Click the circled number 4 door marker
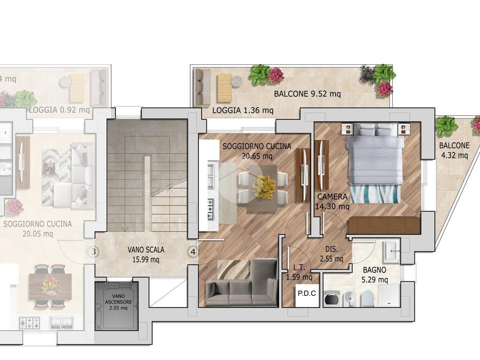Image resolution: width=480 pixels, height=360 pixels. (x=193, y=252)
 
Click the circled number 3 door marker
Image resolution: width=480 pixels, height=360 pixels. (x=94, y=252)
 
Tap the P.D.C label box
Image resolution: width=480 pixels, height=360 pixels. (x=307, y=294)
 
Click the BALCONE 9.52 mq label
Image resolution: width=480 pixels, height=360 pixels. (x=307, y=94)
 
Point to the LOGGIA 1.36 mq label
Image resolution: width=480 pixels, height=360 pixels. (x=243, y=111)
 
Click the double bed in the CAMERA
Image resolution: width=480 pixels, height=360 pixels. (x=375, y=155)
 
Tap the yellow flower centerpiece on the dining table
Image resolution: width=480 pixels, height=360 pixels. (x=263, y=187)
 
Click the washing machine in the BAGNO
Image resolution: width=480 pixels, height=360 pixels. (x=332, y=299)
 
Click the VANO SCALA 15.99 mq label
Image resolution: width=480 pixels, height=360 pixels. (x=146, y=255)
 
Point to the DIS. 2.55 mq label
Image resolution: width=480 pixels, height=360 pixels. (x=331, y=254)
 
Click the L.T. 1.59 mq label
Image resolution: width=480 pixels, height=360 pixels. (x=300, y=271)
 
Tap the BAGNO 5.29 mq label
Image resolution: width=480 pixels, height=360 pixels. (x=375, y=275)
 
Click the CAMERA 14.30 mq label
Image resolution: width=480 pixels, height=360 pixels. (x=332, y=201)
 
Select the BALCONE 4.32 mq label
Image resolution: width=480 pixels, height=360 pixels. (x=454, y=150)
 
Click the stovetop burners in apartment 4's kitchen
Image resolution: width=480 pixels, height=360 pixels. (x=210, y=207)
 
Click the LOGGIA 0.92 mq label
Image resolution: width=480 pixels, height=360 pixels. (x=59, y=110)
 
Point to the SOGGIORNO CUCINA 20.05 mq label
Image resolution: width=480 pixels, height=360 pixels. (x=37, y=229)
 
